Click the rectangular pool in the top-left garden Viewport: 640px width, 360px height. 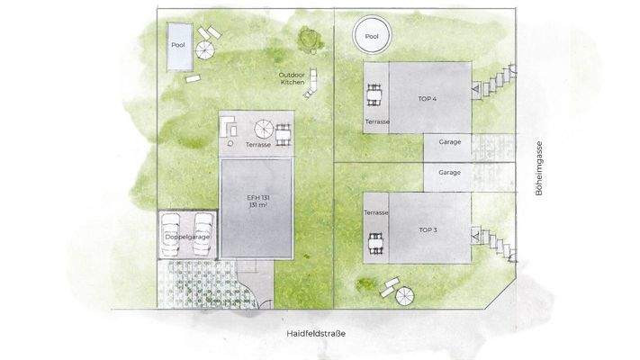178,46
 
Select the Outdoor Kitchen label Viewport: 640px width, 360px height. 293,78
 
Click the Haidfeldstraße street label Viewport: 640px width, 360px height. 316,334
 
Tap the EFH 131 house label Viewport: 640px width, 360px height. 258,200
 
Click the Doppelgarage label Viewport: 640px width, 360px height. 187,237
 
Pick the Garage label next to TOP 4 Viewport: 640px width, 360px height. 449,142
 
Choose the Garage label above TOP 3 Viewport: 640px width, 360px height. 449,172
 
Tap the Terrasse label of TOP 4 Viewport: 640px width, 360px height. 376,120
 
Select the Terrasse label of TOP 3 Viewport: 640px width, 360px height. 376,212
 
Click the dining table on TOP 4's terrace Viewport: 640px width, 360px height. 374,94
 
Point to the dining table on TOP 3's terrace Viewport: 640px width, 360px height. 374,240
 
